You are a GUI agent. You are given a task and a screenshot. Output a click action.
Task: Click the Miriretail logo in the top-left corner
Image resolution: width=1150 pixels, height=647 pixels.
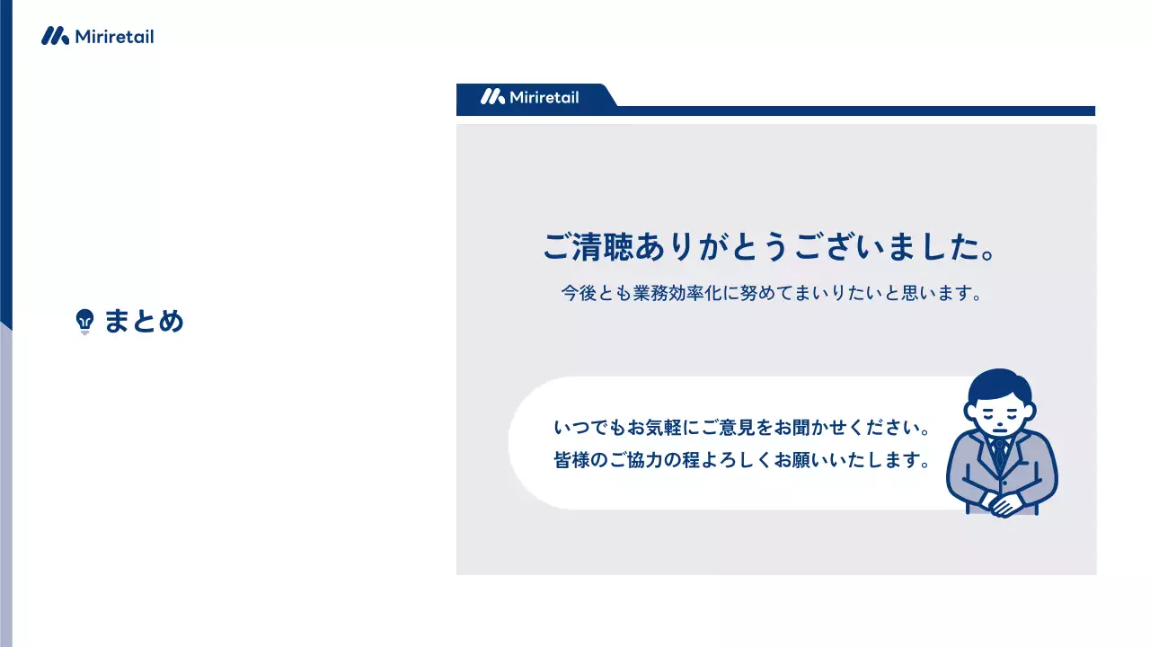[x=97, y=37]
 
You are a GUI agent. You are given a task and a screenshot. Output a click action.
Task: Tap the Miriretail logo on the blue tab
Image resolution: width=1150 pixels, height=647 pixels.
[x=530, y=97]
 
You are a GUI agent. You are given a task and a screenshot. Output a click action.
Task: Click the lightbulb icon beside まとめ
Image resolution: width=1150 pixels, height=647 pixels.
[x=85, y=321]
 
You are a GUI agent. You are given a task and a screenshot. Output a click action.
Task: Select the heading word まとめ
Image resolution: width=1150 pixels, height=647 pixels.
[x=144, y=321]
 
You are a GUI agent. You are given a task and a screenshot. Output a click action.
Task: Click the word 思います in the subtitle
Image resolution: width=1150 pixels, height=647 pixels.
[x=935, y=294]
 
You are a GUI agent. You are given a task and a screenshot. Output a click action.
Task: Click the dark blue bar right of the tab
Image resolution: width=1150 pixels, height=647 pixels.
[x=854, y=111]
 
